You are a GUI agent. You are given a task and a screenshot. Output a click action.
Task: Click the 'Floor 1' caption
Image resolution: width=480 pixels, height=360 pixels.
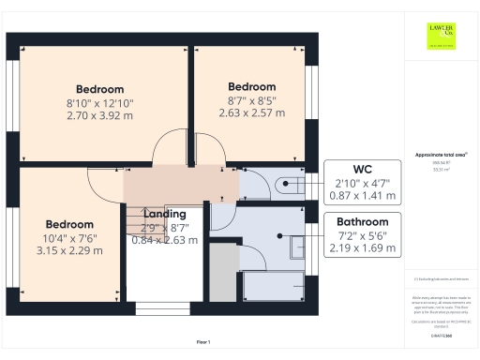click(x=203, y=342)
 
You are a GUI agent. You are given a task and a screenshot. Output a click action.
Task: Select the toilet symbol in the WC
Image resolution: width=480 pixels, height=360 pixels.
click(x=292, y=184)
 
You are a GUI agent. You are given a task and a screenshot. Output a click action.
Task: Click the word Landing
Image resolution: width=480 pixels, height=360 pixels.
click(x=164, y=214)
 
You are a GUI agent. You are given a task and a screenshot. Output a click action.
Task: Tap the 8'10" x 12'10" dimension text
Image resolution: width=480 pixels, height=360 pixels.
click(x=100, y=103)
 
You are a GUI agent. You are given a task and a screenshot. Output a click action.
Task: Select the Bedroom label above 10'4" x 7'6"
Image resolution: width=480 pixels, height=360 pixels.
click(x=70, y=224)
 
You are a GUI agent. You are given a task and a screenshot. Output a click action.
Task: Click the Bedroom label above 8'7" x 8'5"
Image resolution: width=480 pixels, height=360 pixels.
click(x=251, y=86)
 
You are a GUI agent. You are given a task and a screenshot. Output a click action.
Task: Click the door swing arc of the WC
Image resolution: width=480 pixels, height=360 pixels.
click(x=250, y=178)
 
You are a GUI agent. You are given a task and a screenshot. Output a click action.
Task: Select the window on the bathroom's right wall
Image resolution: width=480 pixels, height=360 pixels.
click(x=314, y=262)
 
